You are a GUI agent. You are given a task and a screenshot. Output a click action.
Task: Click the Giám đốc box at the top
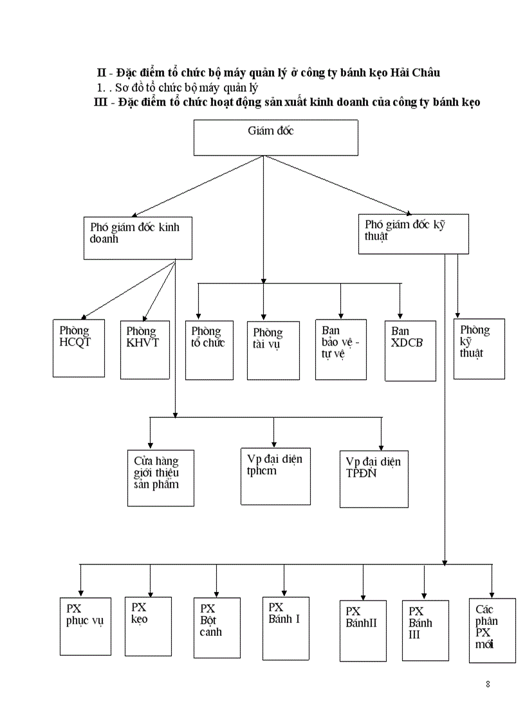(x=275, y=138)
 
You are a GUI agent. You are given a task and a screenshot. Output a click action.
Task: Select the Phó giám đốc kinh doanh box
(x=137, y=238)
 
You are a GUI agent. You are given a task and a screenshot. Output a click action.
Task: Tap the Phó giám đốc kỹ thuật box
(x=413, y=234)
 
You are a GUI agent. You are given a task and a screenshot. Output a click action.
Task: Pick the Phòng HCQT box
(x=78, y=347)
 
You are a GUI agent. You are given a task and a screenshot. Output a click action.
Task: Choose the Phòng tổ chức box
(x=209, y=350)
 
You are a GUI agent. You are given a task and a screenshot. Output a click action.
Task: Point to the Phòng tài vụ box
(x=273, y=350)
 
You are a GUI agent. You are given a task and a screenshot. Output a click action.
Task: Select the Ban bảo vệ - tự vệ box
(x=340, y=350)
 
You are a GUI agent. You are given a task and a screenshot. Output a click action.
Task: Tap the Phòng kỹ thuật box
(x=479, y=348)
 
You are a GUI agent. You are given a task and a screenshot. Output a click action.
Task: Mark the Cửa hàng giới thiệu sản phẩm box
(x=161, y=478)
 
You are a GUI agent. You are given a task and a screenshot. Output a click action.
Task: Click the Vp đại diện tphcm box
(x=275, y=476)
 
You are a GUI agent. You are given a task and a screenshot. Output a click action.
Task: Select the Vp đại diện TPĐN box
(x=374, y=479)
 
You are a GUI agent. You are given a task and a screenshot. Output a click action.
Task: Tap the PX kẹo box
(x=148, y=626)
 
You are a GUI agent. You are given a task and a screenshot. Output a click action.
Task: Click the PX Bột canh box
(x=217, y=627)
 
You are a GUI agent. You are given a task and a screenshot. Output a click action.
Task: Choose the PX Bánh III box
(x=425, y=630)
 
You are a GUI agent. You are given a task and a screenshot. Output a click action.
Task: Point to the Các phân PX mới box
(x=492, y=630)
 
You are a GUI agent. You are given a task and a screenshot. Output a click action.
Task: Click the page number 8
(x=488, y=683)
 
